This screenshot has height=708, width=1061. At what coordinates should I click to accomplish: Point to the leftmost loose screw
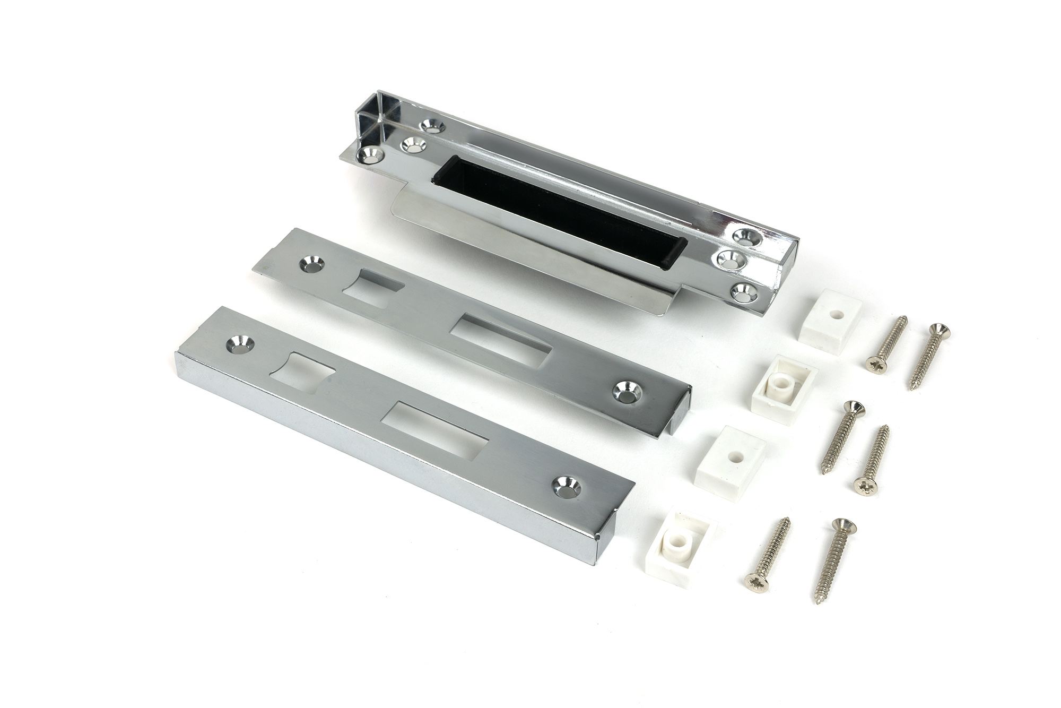point(767,552)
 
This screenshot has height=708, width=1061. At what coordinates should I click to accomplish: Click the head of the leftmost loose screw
point(754,581)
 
